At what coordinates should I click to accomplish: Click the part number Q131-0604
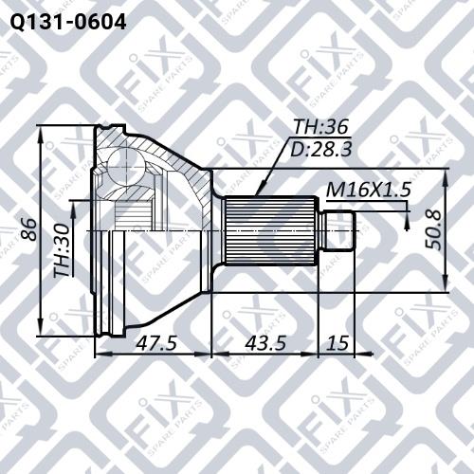click(68, 22)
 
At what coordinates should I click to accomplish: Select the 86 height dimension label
click(28, 229)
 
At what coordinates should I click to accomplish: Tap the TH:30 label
click(62, 250)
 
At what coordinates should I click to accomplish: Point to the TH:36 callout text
click(320, 127)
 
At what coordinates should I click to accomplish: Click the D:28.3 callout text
click(320, 149)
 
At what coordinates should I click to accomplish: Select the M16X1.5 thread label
click(369, 190)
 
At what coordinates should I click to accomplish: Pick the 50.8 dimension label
click(433, 229)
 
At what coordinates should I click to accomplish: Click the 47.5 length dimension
click(156, 343)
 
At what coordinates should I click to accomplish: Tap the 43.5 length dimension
click(265, 343)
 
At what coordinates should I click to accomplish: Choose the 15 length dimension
click(337, 343)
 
